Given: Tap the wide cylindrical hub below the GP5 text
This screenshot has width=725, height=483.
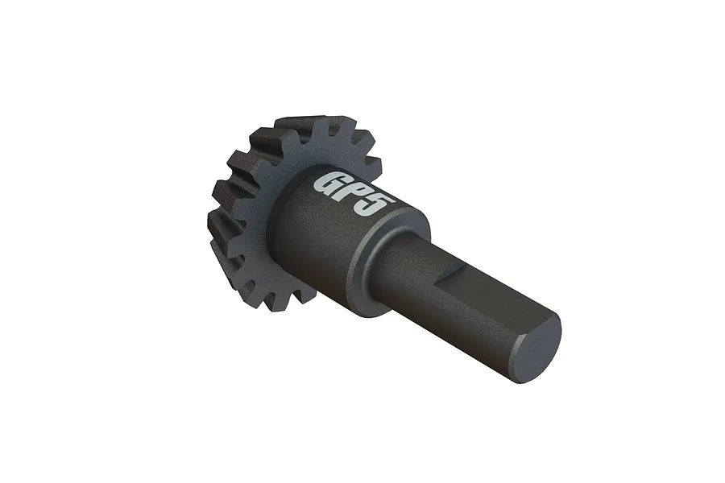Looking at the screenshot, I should (x=322, y=242).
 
